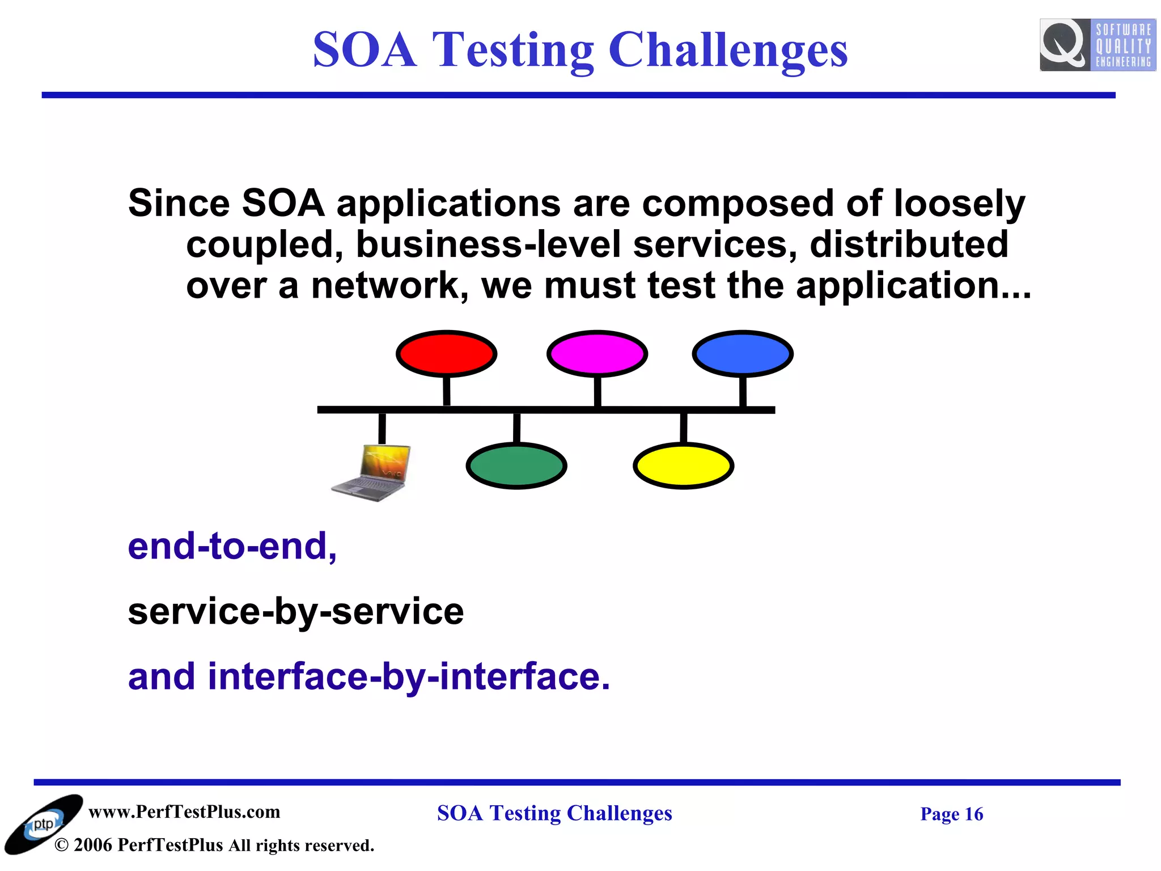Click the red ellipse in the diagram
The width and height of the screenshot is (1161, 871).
coord(446,353)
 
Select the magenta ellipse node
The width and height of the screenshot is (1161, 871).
coord(597,353)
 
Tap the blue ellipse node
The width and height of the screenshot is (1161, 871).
coord(743,353)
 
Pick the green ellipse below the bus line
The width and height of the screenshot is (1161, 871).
coord(516,466)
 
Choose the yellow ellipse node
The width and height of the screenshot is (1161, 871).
coord(683,466)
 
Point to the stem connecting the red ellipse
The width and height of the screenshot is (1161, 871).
coord(447,391)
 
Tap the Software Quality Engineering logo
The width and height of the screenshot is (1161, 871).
coord(1097,45)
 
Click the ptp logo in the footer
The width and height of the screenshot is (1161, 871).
coord(43,825)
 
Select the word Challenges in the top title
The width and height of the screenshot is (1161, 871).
coord(728,50)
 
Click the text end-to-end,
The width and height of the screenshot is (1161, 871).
coord(232,546)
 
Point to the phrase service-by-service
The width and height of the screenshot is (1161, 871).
coord(296,611)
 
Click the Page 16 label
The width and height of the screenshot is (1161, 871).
coord(951,814)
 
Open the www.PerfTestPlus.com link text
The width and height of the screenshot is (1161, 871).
coord(184,811)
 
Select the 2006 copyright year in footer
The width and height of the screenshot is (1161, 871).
coord(93,845)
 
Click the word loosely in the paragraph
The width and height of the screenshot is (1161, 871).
coord(960,203)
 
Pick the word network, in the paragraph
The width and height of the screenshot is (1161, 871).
coord(390,285)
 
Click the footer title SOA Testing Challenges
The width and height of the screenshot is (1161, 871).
coord(554,813)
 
